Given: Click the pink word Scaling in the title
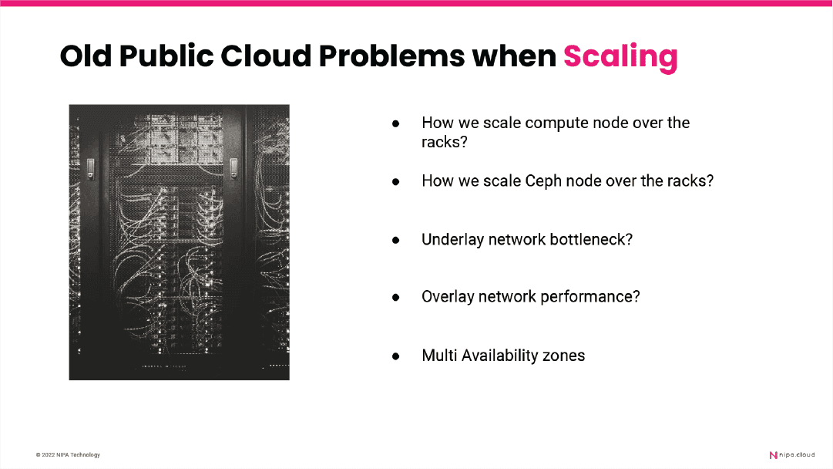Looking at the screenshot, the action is point(620,56).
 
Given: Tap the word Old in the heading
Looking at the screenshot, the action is point(86,56).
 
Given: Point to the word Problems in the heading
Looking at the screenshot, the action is point(391,56).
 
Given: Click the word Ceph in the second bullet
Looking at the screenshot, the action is point(543,181).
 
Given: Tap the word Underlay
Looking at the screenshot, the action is point(452,240).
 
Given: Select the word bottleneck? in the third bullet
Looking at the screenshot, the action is point(591,239).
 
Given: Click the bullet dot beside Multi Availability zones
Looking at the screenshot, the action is point(396,356).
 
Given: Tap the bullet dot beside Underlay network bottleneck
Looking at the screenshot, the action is point(396,241).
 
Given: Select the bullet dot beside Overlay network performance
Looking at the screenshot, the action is point(396,297).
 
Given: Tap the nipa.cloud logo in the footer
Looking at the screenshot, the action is point(792,455).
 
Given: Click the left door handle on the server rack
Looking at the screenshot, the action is point(91,168).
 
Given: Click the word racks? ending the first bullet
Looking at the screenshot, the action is point(445,143).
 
